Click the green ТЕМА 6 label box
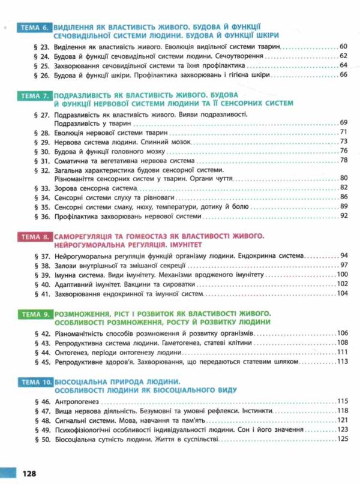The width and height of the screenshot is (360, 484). point(32,28)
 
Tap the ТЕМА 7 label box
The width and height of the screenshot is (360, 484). point(32,96)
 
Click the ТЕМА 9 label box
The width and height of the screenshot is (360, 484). point(32,314)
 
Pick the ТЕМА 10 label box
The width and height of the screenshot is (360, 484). point(32,382)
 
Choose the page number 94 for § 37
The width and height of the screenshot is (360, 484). point(344,255)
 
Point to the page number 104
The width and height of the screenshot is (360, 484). point(343,293)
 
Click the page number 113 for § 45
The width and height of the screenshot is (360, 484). point(343,362)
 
